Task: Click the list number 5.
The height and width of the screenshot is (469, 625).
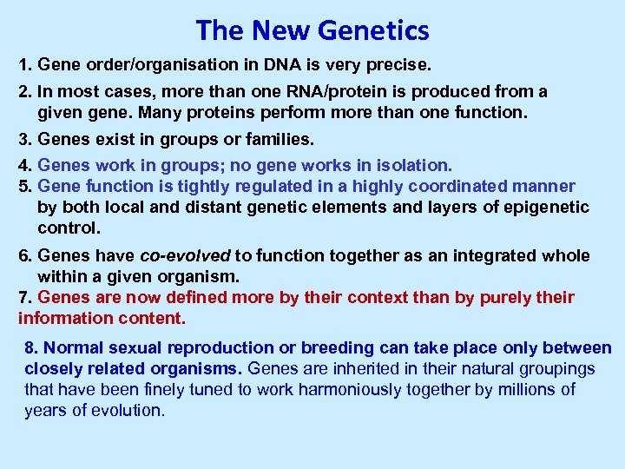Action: [x=24, y=186]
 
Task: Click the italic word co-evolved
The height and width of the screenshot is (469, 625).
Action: [x=185, y=255]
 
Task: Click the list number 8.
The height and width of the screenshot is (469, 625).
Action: [x=30, y=348]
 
